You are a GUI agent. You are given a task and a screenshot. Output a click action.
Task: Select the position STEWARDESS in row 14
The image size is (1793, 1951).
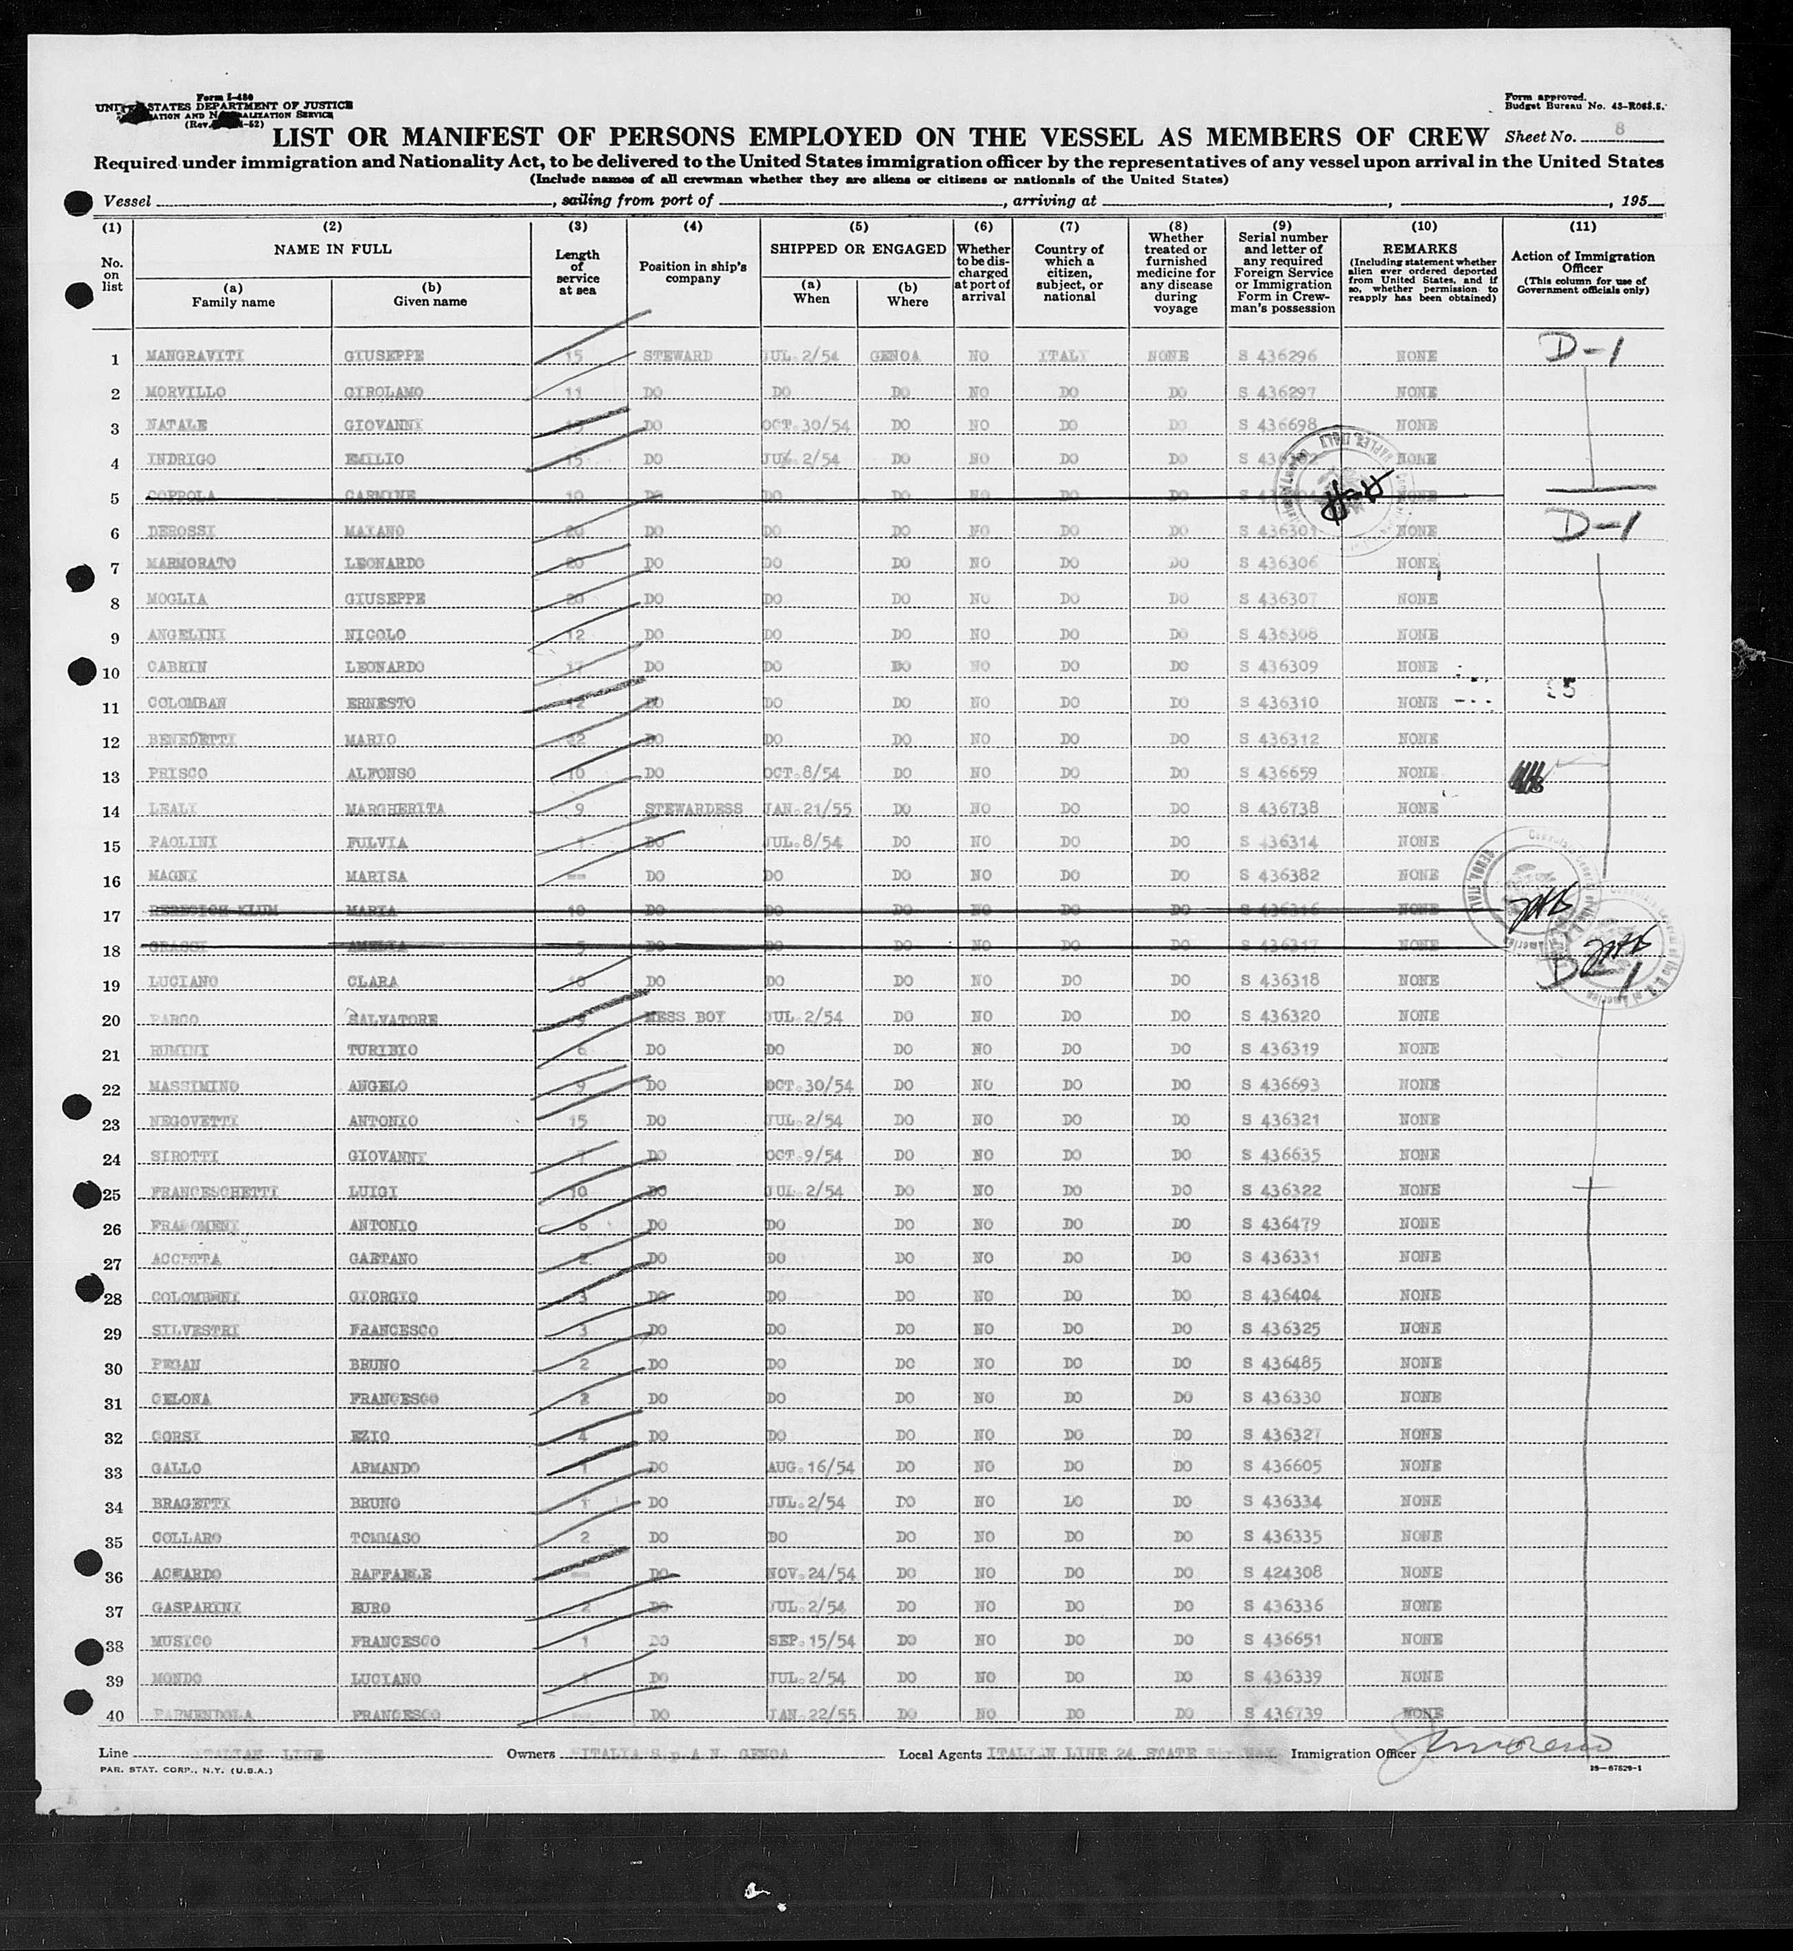693,809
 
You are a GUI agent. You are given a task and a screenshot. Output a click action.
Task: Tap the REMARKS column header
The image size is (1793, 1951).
1422,248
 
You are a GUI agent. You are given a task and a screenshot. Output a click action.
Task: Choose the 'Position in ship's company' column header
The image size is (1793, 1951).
693,272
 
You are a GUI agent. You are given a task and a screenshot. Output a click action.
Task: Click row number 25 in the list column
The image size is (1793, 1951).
112,1192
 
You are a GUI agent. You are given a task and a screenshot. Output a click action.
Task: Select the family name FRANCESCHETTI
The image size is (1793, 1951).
214,1191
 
